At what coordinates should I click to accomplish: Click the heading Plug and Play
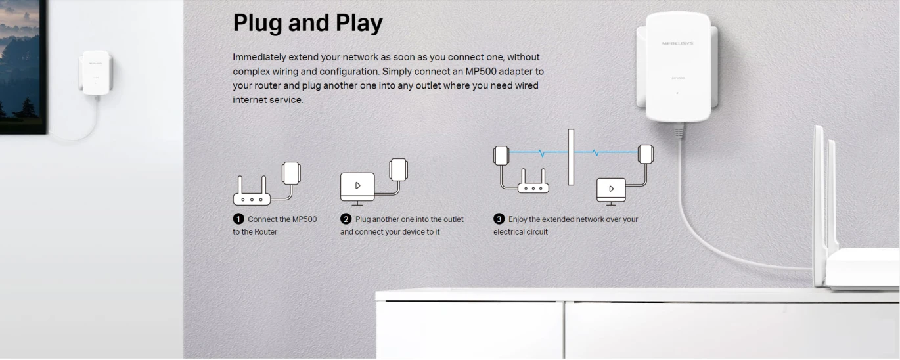click(x=307, y=23)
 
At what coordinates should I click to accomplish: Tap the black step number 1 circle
click(x=238, y=219)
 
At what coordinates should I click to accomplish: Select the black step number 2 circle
click(x=346, y=219)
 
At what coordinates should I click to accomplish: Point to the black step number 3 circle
click(x=499, y=219)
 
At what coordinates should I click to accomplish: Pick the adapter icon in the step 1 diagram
click(x=291, y=173)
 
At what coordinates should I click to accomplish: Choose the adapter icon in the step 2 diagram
click(x=398, y=169)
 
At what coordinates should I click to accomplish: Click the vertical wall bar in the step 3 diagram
click(x=571, y=157)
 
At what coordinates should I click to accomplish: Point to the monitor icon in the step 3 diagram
click(x=611, y=192)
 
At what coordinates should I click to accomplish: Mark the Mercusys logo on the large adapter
click(x=677, y=43)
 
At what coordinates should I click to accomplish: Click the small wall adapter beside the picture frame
click(x=95, y=73)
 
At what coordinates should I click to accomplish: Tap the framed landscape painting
click(x=23, y=66)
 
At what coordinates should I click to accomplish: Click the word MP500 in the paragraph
click(x=481, y=72)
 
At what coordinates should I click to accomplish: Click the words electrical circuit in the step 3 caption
click(x=520, y=232)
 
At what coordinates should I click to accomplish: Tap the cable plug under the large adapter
click(x=679, y=130)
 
